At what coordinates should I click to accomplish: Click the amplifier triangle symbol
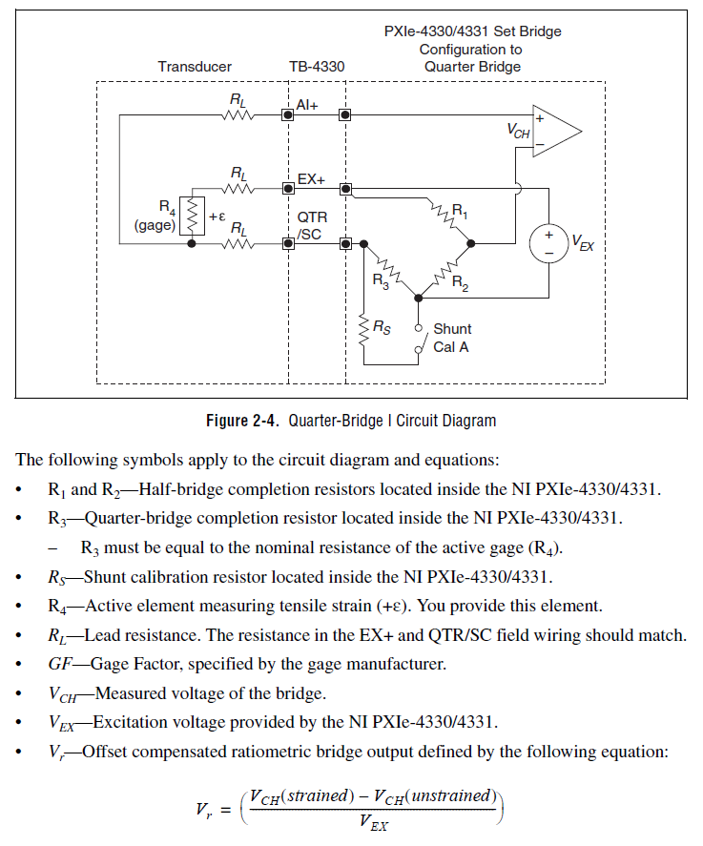[556, 131]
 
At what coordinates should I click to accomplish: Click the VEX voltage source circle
[548, 243]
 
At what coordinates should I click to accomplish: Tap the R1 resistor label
[460, 210]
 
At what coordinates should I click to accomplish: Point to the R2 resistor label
[460, 282]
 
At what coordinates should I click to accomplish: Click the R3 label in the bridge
[381, 281]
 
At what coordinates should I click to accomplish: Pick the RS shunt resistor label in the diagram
[382, 327]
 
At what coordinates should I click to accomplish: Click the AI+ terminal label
[307, 105]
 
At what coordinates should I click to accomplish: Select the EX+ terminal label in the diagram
[311, 179]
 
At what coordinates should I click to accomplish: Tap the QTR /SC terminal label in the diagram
[312, 225]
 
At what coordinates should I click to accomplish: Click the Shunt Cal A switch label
[452, 338]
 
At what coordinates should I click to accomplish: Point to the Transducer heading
[195, 67]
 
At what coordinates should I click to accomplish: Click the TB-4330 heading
[317, 67]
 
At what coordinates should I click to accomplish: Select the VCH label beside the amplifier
[519, 131]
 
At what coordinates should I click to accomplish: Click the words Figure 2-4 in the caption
[242, 421]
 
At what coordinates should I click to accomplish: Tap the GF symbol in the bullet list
[60, 664]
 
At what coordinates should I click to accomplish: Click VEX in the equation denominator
[374, 822]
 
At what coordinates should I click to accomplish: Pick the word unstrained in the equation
[450, 795]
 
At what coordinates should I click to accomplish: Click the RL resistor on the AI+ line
[238, 114]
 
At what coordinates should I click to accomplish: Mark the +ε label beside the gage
[217, 217]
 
